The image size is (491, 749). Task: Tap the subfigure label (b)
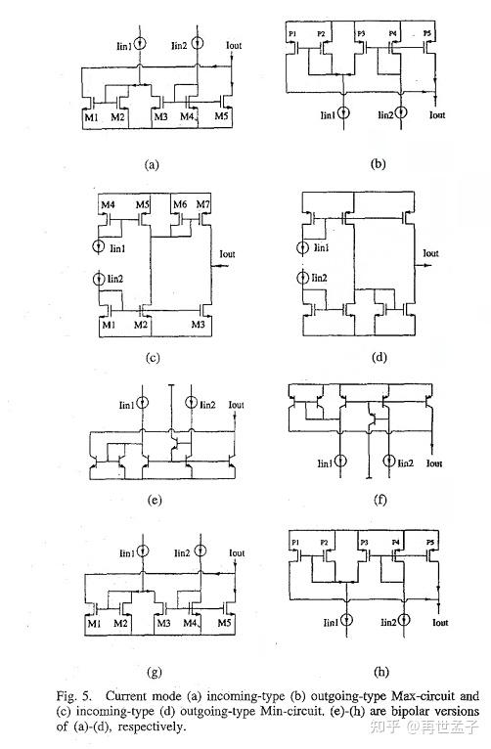pos(377,164)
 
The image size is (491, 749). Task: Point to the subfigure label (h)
pos(377,672)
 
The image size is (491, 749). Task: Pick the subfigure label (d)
pos(377,358)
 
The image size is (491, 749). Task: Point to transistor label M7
pos(202,204)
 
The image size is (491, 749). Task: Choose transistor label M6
pos(180,204)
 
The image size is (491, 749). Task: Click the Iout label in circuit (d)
pos(430,253)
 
